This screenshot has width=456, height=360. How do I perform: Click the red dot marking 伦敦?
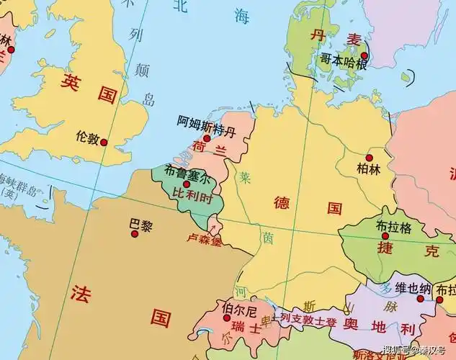click(104, 143)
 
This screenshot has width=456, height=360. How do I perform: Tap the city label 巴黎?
click(141, 225)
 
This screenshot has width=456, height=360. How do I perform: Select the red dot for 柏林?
click(370, 158)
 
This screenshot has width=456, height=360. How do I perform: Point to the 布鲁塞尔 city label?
click(189, 173)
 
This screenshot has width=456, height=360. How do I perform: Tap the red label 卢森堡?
click(205, 238)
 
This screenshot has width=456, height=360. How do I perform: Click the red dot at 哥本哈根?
click(365, 55)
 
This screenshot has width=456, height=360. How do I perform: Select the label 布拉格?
click(393, 227)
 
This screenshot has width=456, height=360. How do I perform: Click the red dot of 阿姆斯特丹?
click(207, 138)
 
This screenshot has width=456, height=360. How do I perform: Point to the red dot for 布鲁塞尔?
click(187, 184)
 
